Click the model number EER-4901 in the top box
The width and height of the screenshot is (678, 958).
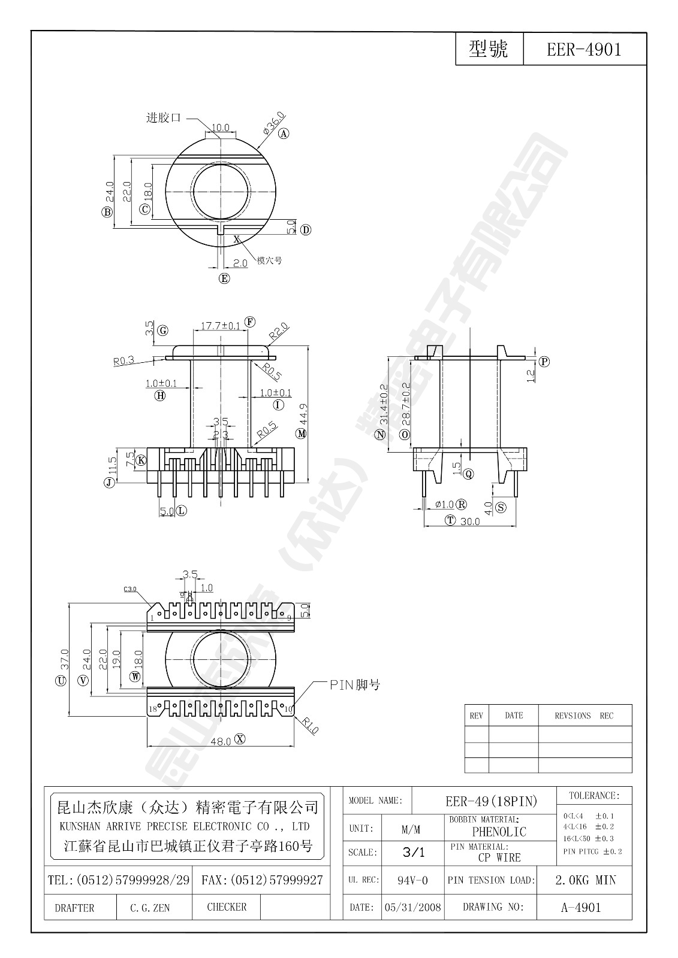click(584, 49)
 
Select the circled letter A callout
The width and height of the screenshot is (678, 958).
click(284, 134)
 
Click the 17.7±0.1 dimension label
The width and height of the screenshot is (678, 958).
click(220, 326)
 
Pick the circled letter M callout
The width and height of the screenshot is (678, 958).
click(301, 433)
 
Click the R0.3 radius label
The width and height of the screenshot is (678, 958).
click(123, 361)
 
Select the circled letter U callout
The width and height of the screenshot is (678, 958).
click(60, 681)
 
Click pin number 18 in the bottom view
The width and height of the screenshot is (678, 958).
click(153, 709)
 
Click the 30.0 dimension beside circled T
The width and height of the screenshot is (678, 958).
click(471, 522)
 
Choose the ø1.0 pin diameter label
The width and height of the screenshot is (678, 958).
click(444, 505)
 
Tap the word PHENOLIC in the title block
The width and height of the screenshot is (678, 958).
click(499, 832)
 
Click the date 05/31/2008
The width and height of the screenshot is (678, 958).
click(413, 908)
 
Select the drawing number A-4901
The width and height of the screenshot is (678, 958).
click(580, 908)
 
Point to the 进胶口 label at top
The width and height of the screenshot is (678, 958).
click(164, 118)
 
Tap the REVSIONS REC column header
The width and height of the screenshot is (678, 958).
click(584, 716)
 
